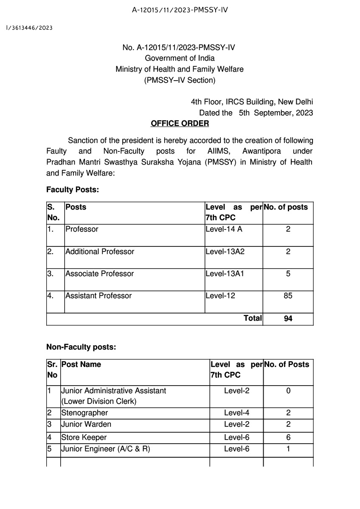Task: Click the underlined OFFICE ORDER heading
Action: (180, 123)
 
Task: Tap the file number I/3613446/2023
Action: (29, 28)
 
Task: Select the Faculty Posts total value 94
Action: (288, 319)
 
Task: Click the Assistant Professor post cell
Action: (98, 296)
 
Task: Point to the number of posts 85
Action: (288, 296)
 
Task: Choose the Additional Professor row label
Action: (100, 252)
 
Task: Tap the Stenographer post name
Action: (84, 413)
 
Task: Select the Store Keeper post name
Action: (84, 437)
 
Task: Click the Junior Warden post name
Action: (86, 424)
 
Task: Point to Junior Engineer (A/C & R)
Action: (106, 448)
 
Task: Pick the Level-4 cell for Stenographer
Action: (236, 413)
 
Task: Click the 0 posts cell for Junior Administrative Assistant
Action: (288, 390)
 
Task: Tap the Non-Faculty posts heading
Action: (81, 347)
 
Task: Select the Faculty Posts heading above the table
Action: (73, 190)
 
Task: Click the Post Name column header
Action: (81, 364)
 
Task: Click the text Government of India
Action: (180, 58)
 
